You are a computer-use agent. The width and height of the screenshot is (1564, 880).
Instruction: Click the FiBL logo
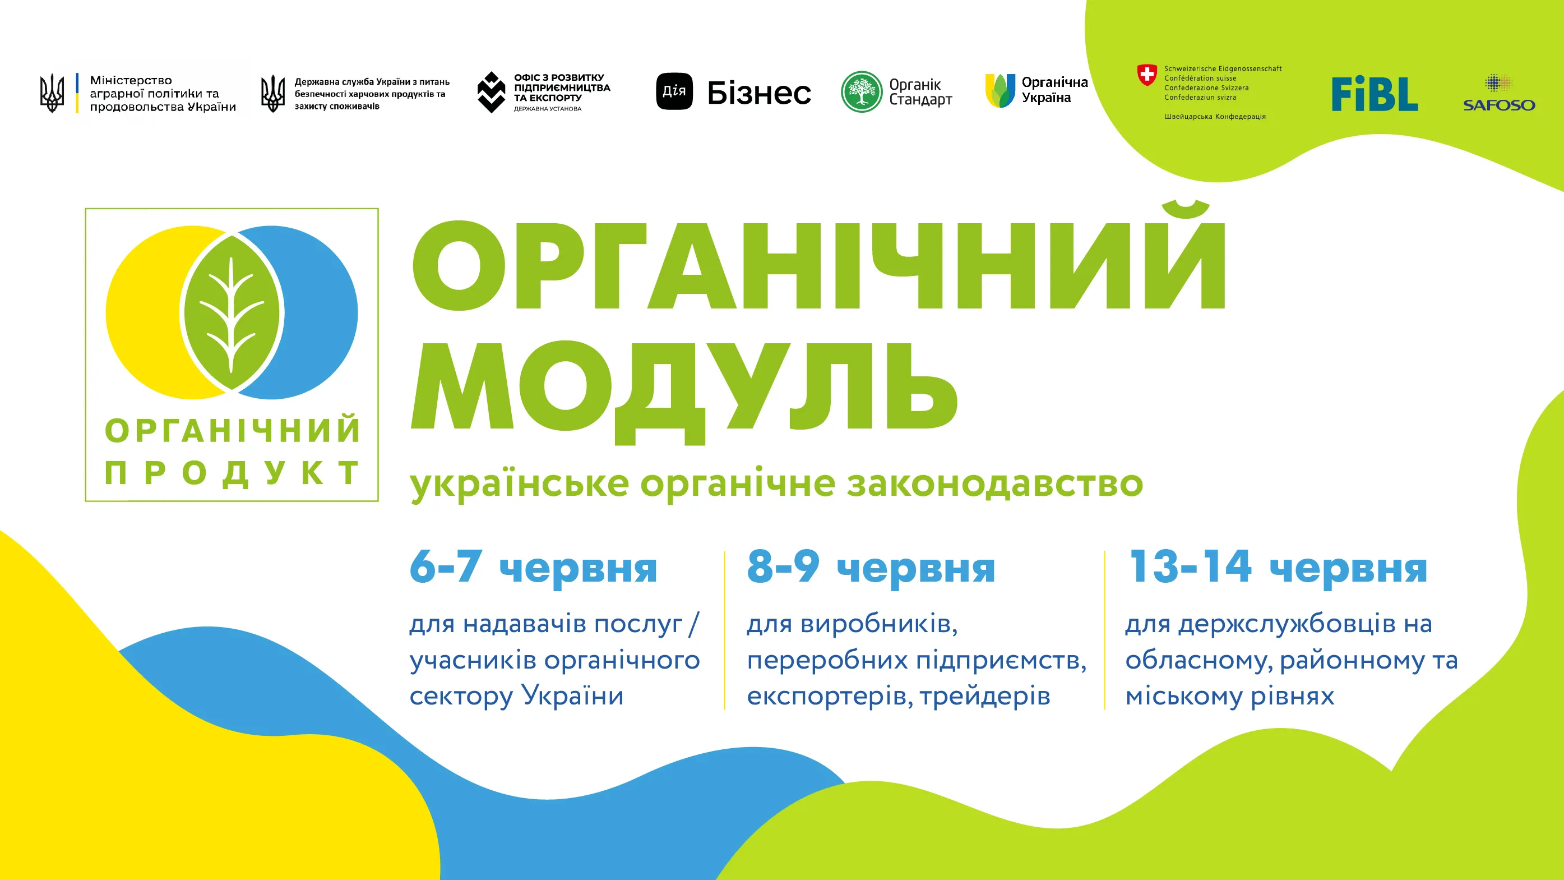click(1374, 94)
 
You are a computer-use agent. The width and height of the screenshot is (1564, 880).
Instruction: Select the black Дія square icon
click(674, 91)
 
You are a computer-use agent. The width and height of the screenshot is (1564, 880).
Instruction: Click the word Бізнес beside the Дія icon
click(759, 93)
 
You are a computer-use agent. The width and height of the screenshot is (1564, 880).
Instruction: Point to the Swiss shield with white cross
click(1146, 75)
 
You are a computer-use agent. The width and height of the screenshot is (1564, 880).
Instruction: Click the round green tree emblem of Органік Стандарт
click(861, 92)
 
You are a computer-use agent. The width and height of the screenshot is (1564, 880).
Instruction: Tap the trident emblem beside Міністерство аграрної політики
click(52, 93)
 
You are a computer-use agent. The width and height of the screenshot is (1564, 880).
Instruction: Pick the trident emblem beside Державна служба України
click(272, 94)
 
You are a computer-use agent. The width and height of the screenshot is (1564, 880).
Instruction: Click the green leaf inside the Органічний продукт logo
click(232, 313)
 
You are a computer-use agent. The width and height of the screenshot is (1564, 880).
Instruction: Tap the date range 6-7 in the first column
click(446, 566)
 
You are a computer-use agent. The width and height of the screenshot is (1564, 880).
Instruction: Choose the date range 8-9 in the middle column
click(783, 566)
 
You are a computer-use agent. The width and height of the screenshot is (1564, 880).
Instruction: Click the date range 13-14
click(1190, 566)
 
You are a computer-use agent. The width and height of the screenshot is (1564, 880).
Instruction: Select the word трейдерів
click(985, 697)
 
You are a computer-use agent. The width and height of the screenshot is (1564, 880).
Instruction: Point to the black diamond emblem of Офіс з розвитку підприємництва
click(491, 93)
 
